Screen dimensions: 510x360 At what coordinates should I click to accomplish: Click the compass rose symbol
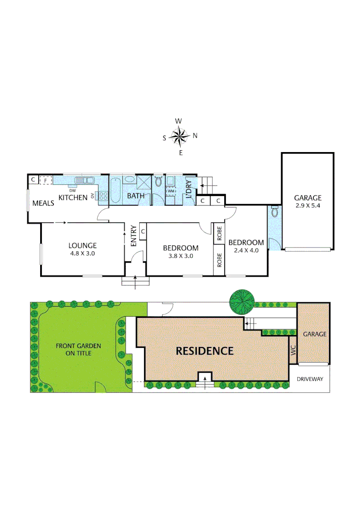pos(179,136)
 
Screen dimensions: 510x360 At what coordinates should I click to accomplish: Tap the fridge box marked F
pos(46,180)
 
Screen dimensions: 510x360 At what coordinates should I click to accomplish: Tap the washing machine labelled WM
pos(171,191)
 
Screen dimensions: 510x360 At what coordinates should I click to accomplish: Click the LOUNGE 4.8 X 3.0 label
pos(82,249)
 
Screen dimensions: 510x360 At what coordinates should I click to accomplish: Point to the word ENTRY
pos(133,235)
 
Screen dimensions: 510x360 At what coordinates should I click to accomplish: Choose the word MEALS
pos(43,203)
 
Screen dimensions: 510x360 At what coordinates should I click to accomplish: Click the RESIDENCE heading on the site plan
pos(204,351)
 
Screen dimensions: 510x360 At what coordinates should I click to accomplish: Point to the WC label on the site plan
pos(293,350)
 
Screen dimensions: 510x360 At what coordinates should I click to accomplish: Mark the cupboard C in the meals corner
pos(33,180)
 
